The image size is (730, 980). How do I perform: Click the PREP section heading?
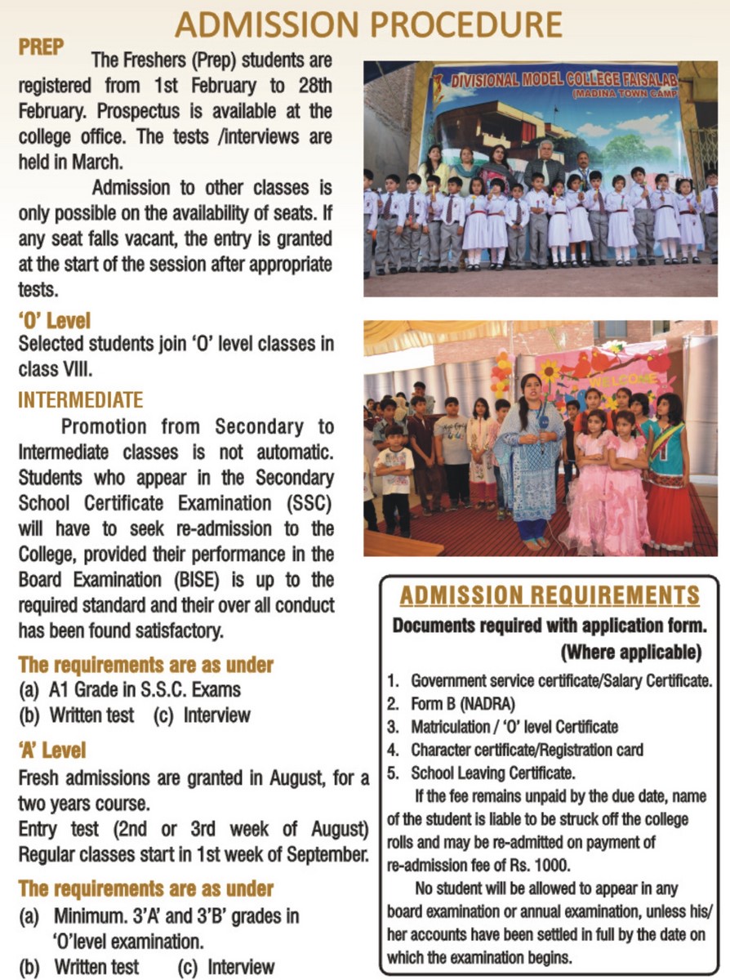[41, 47]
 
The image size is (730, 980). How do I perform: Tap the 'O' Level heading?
[54, 320]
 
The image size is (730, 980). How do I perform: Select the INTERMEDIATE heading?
[80, 400]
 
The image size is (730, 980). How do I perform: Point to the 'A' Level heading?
[51, 749]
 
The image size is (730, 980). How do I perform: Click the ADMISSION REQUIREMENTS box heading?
[549, 595]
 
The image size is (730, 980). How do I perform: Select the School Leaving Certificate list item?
[493, 772]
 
